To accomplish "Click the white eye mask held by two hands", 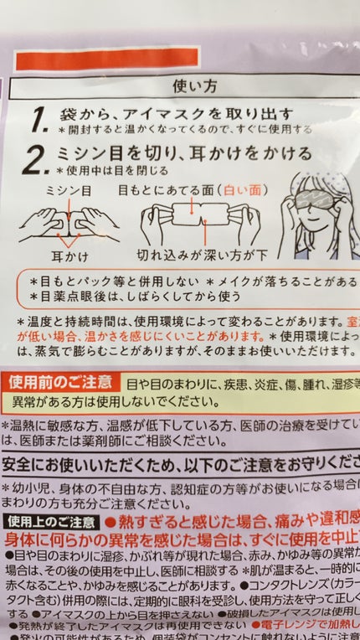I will [x=198, y=220].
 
